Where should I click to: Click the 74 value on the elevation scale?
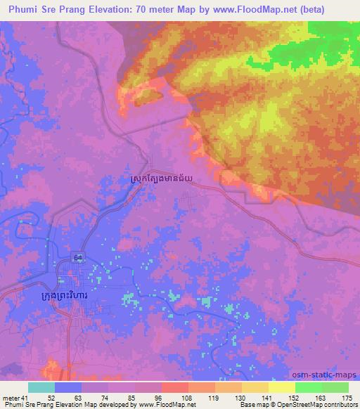(x=108, y=398)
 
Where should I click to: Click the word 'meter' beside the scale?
(x=11, y=398)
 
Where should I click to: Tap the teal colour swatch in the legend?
(x=41, y=387)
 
